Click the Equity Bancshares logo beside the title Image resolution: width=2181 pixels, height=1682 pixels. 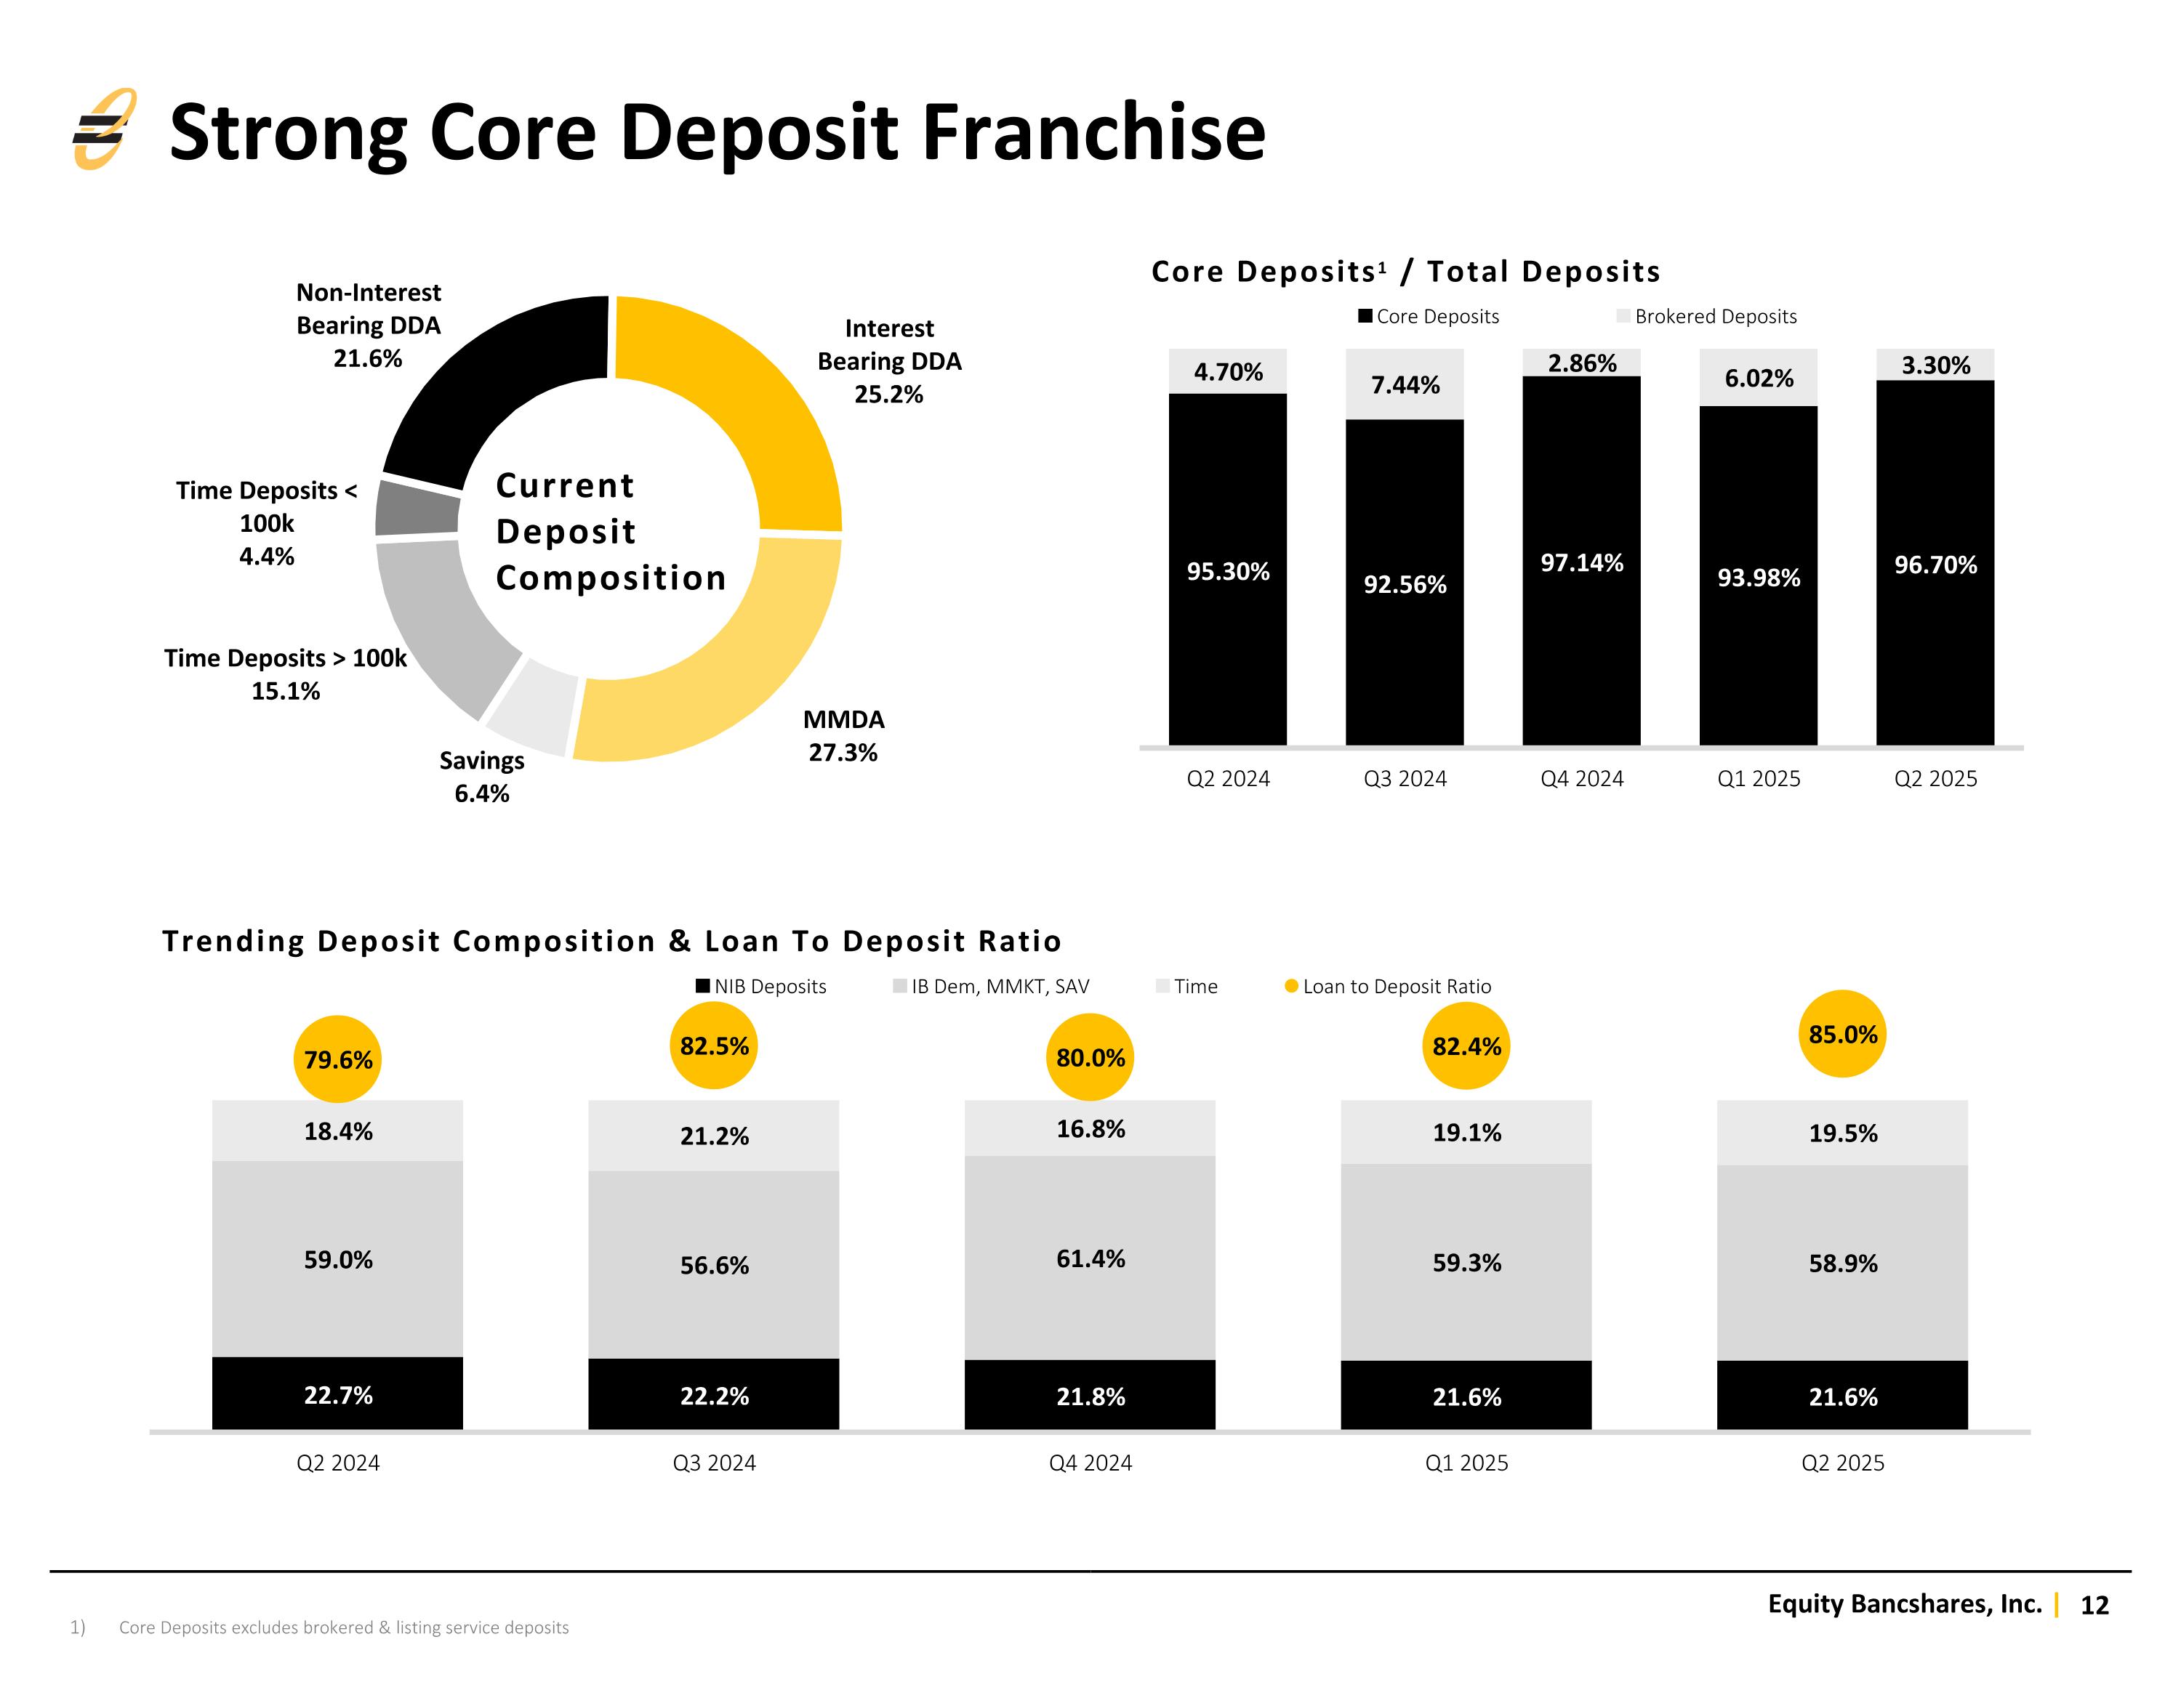[x=103, y=130]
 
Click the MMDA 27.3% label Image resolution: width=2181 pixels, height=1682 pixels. [x=844, y=736]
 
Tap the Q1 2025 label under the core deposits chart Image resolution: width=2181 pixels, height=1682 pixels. [x=1758, y=779]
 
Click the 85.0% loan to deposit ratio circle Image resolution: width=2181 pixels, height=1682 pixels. [x=1841, y=1034]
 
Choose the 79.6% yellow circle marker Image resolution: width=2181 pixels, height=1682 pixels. [x=337, y=1059]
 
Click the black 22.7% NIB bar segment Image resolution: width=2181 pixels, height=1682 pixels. [x=337, y=1394]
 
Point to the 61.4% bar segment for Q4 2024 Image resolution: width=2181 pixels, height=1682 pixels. [x=1090, y=1258]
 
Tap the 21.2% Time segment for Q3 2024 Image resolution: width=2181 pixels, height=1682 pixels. [x=714, y=1136]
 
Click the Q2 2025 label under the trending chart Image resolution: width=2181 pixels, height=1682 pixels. [x=1841, y=1463]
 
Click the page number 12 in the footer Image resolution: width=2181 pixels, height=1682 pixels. [x=2093, y=1605]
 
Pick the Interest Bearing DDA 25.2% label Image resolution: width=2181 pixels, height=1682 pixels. [x=889, y=361]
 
